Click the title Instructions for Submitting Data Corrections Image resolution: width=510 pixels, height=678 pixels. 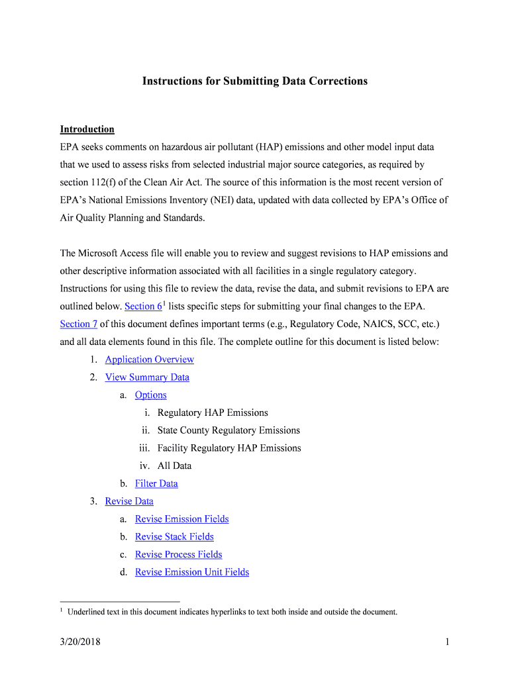coord(255,81)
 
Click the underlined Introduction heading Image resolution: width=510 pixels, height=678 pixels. coord(87,129)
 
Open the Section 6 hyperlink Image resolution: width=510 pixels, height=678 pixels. coord(143,307)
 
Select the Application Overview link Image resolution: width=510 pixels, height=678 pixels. coord(149,360)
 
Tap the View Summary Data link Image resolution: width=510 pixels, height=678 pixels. coord(147,377)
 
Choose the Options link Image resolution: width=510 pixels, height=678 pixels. coord(150,395)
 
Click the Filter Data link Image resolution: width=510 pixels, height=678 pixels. coord(156,483)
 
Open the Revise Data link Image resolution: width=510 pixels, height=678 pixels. coord(129,501)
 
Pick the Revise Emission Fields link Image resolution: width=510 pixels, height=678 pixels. coord(181,519)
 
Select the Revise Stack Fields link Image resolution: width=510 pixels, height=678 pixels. coord(174,537)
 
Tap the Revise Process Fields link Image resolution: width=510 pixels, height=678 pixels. coord(178,554)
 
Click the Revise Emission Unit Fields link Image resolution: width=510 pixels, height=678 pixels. coord(192,572)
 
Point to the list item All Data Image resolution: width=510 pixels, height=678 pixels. coord(174,466)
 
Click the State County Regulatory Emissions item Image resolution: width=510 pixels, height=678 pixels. coord(229,430)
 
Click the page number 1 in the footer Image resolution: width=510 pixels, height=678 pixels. coord(448,642)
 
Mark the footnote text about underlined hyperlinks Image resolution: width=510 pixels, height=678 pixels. coord(232,612)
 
